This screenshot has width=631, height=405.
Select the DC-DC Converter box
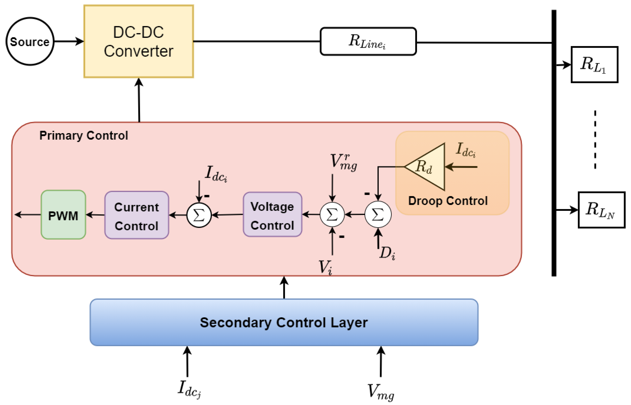(138, 41)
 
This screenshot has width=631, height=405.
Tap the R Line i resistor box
(368, 41)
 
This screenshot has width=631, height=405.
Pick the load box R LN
(601, 210)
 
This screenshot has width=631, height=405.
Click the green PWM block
(63, 215)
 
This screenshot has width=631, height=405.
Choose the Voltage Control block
(272, 214)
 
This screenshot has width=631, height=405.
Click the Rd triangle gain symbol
(428, 167)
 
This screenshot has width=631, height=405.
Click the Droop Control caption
(448, 201)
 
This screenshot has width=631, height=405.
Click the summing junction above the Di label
(378, 214)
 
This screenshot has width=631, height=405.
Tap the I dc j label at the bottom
(189, 389)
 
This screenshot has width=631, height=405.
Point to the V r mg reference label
(343, 161)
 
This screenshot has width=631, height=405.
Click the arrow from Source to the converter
(68, 41)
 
